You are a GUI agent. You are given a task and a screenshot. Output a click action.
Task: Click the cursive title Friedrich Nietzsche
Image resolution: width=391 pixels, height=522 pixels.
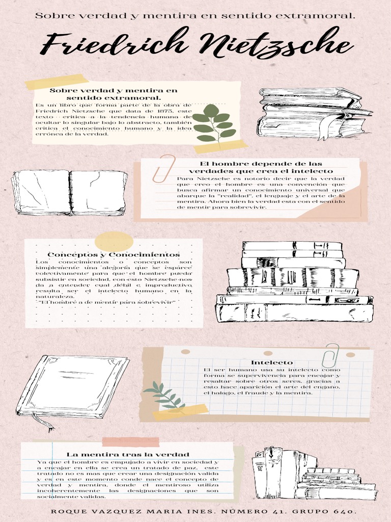tap(196, 43)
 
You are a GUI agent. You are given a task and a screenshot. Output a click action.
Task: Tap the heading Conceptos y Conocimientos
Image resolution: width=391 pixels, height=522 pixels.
tap(114, 255)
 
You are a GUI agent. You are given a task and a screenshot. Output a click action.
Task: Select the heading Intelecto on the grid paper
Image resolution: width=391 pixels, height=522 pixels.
tap(272, 362)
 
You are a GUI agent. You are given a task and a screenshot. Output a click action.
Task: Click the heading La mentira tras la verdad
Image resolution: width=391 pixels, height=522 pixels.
tap(128, 454)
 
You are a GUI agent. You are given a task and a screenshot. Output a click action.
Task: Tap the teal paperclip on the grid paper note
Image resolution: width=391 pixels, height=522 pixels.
tap(330, 355)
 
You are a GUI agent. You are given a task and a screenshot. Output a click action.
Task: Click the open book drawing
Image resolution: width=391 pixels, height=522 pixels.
tap(70, 192)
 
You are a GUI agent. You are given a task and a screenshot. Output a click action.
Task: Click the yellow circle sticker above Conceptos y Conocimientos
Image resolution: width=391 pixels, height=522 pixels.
tap(114, 242)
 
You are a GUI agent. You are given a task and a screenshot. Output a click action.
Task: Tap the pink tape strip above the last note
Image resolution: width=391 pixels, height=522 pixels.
tap(131, 442)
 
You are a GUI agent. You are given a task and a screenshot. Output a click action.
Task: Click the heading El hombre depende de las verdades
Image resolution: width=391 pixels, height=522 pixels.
tap(261, 167)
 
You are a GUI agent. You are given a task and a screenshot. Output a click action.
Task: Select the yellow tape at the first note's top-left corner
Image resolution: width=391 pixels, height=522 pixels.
tap(57, 82)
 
